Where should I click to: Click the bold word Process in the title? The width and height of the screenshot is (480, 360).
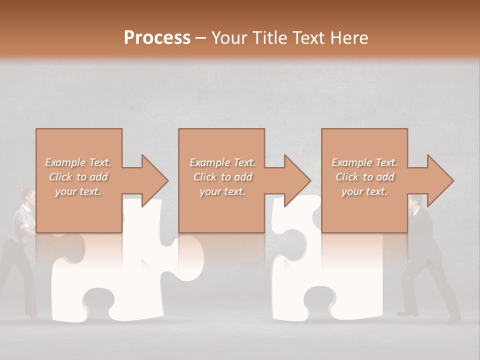click(157, 37)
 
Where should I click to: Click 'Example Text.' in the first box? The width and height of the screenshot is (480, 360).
click(78, 162)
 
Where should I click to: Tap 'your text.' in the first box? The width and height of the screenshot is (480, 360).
click(78, 191)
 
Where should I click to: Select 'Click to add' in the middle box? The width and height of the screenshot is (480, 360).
click(222, 177)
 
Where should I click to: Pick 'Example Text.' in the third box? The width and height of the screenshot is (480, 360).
click(364, 162)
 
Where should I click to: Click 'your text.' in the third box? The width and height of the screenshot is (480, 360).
click(364, 191)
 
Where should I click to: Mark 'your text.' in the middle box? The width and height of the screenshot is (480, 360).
click(222, 191)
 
